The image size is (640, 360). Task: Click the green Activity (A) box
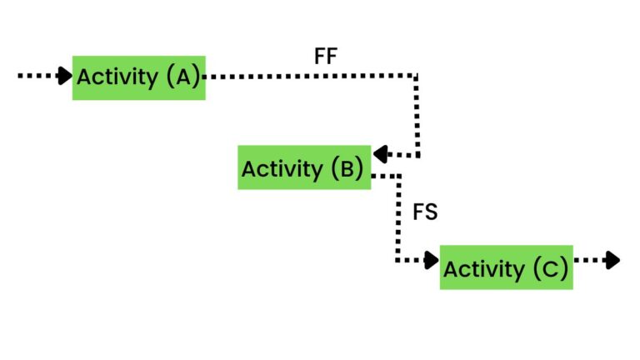coord(138,77)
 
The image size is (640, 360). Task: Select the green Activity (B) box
coord(303,167)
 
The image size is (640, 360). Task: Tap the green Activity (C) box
coord(506,267)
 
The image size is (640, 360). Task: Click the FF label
coord(326,57)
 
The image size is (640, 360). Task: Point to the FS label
coord(425,212)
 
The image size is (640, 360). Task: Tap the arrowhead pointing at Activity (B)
coord(380,154)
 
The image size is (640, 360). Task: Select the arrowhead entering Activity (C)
coord(432,260)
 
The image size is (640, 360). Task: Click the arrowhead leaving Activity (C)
coord(612,260)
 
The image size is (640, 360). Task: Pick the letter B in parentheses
coord(347,169)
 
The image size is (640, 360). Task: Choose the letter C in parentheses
coord(550,269)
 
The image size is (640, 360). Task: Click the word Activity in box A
coord(117,77)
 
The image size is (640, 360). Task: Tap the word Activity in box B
coord(282,169)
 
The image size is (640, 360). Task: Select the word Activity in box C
coord(483,269)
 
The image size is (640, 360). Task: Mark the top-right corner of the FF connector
coord(416,76)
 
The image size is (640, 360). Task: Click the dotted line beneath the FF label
coord(325,76)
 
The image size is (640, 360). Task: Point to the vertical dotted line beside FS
coord(398,217)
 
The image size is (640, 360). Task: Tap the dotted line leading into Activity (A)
coord(37,76)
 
